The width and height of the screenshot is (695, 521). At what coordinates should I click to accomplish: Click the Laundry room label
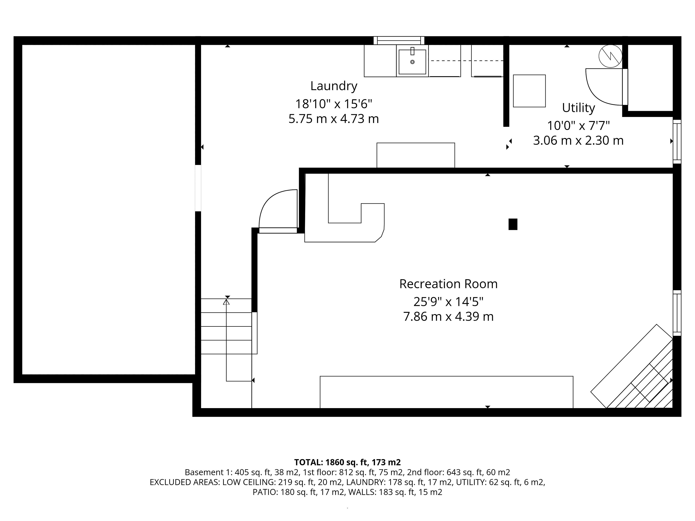tap(334, 86)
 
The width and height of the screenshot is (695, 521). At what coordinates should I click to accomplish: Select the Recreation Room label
tap(448, 284)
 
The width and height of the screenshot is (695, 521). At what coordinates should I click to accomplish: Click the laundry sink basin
tap(412, 62)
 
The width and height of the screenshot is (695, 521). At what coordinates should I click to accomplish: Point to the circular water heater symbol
tap(610, 56)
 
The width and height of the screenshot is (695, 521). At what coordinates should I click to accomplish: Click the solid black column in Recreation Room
tap(513, 224)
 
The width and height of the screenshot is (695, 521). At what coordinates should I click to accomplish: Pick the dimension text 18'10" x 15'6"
tap(334, 104)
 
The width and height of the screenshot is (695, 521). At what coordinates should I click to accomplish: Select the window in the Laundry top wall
tap(399, 41)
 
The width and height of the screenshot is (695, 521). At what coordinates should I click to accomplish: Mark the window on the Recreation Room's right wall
tap(677, 313)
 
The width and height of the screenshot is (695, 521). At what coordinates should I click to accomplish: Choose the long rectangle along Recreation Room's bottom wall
tap(447, 392)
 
